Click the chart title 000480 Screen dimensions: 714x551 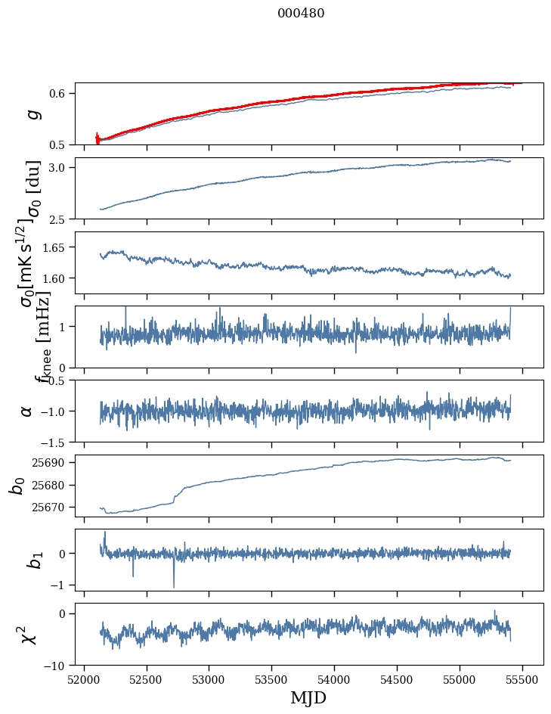coord(301,14)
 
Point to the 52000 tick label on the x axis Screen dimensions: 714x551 coord(84,679)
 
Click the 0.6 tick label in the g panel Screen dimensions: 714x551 coord(61,94)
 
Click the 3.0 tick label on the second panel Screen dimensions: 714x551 coord(61,167)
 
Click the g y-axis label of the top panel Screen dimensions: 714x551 coord(31,113)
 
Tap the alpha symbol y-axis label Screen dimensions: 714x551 coord(27,411)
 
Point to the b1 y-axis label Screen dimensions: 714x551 coord(30,560)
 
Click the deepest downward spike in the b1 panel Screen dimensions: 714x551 coord(174,586)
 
